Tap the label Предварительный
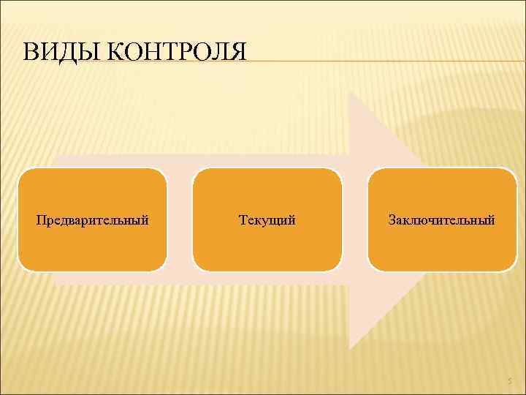(x=93, y=219)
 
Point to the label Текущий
(x=267, y=219)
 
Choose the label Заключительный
(x=442, y=219)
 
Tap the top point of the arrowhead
(x=350, y=91)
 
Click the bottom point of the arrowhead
(x=350, y=348)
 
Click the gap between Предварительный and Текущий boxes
(x=180, y=219)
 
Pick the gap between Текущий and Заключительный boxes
(x=354, y=219)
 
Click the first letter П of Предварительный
(x=41, y=219)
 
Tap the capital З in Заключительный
(x=392, y=219)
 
